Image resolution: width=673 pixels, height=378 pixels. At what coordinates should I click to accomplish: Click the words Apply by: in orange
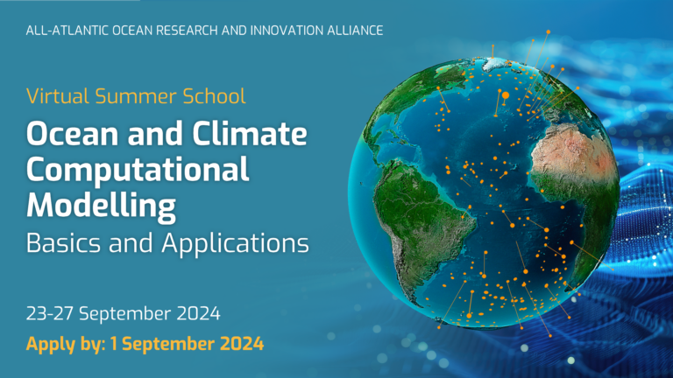pyautogui.click(x=66, y=344)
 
